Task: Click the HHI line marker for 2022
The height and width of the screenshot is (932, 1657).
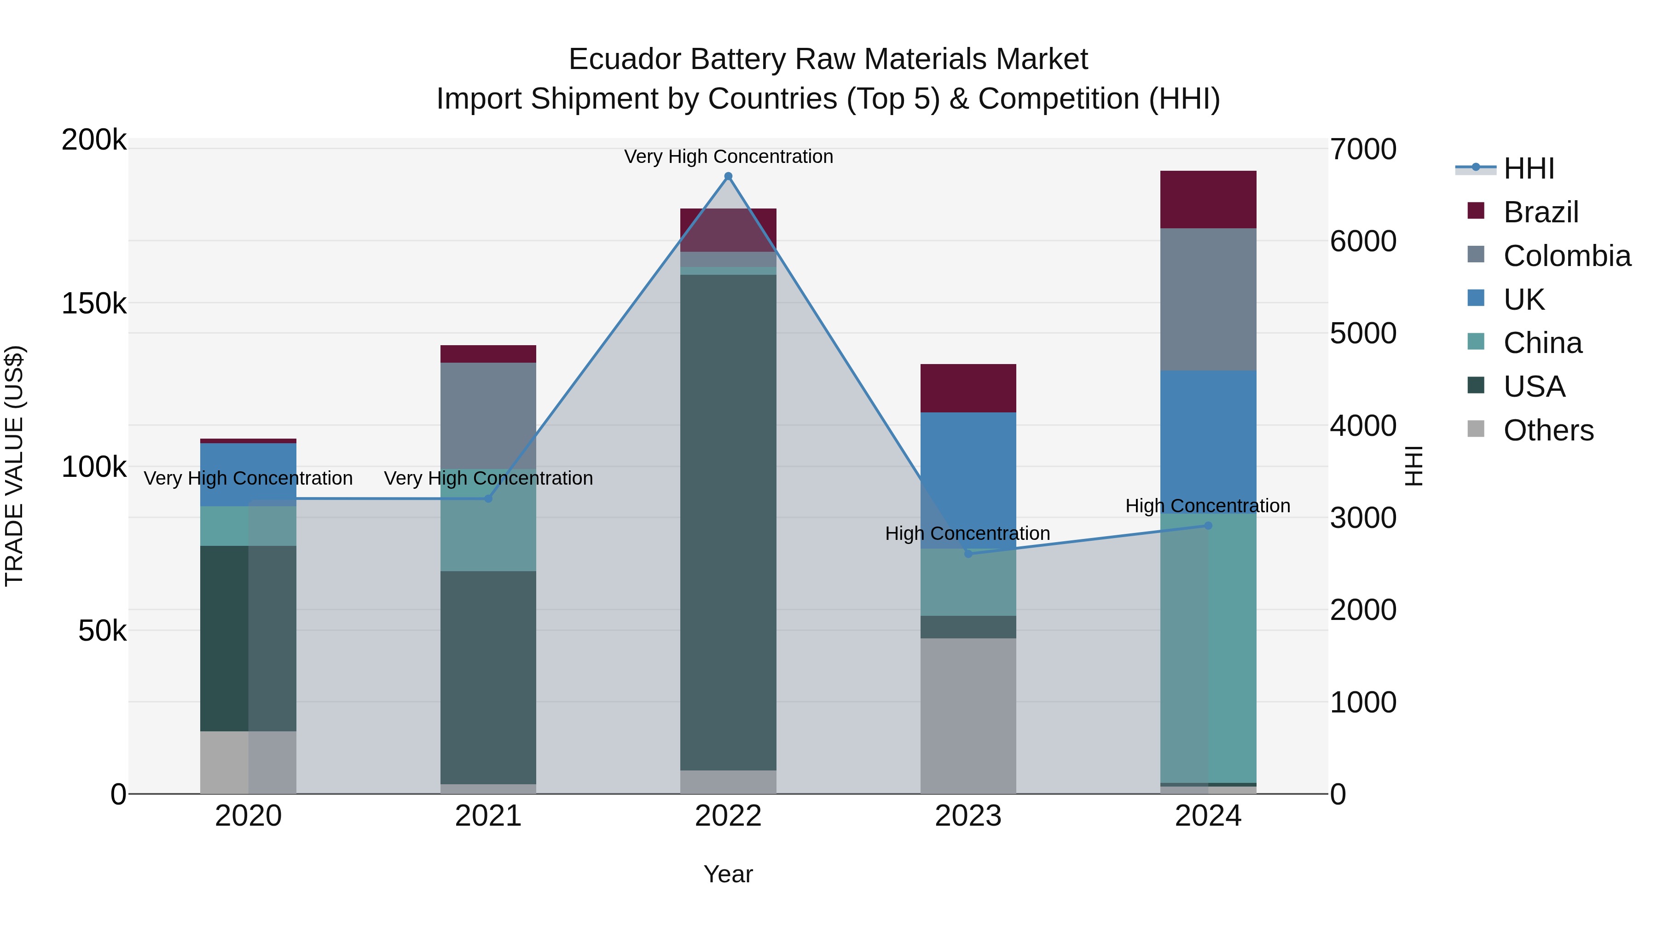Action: [728, 176]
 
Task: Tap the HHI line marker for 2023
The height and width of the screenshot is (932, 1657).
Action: [968, 553]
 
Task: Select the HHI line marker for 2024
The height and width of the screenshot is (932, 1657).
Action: [1208, 526]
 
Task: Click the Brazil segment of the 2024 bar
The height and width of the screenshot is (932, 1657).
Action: [1208, 199]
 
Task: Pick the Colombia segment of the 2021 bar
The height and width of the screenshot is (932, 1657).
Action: [488, 415]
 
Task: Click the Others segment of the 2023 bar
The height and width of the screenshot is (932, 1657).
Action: [968, 715]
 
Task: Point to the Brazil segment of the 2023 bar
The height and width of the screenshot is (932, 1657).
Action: [968, 388]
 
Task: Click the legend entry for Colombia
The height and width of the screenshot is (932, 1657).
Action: [1567, 256]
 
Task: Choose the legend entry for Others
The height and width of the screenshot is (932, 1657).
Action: [1548, 430]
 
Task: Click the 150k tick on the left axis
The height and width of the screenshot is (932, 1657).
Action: [94, 304]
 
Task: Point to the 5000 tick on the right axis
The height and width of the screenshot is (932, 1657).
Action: [1363, 333]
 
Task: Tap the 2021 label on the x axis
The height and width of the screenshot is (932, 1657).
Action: [488, 816]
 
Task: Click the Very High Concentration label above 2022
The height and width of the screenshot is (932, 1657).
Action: [728, 156]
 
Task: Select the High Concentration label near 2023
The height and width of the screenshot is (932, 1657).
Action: [968, 533]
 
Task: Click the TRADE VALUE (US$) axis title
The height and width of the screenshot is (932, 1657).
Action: [14, 466]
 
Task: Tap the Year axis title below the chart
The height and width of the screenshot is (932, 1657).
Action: [728, 874]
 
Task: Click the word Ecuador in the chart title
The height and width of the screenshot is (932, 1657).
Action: [623, 59]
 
